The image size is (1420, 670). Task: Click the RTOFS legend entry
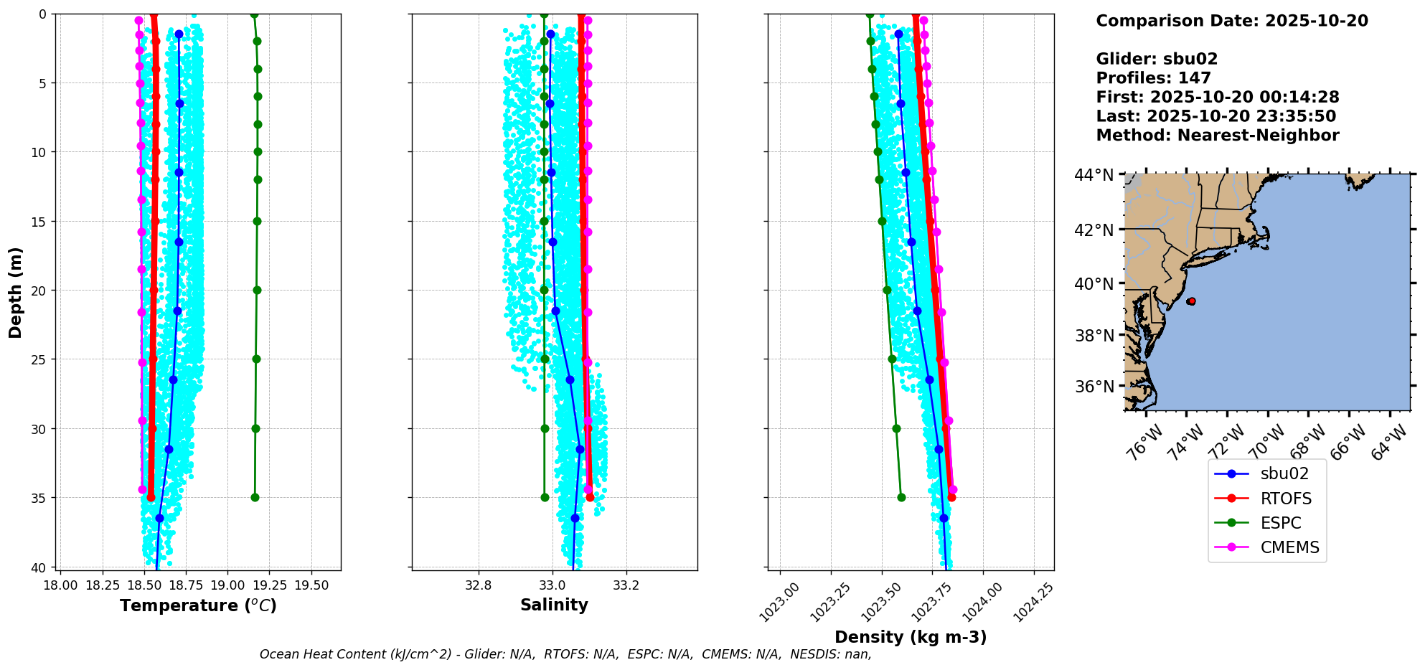(x=1285, y=499)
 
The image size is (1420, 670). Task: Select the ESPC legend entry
(x=1280, y=523)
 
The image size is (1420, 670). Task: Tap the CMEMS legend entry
(x=1289, y=547)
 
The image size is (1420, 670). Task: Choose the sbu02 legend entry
(x=1284, y=473)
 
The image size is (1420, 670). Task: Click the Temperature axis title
(x=198, y=605)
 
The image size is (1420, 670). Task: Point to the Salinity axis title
(x=554, y=605)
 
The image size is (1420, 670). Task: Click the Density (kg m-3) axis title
(x=911, y=637)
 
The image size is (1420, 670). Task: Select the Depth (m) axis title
(x=16, y=292)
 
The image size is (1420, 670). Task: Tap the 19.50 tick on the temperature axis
(x=311, y=585)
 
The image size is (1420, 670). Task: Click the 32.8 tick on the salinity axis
(x=478, y=585)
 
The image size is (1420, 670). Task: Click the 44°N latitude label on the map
(x=1094, y=175)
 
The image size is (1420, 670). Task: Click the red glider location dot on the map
(x=1191, y=301)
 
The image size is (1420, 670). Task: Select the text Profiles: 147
(x=1153, y=78)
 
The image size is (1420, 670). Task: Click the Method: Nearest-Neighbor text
(x=1217, y=136)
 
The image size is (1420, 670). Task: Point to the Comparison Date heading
(x=1231, y=21)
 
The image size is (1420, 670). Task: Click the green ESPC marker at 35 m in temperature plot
(x=255, y=497)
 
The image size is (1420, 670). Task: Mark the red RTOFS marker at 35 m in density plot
(x=951, y=497)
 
